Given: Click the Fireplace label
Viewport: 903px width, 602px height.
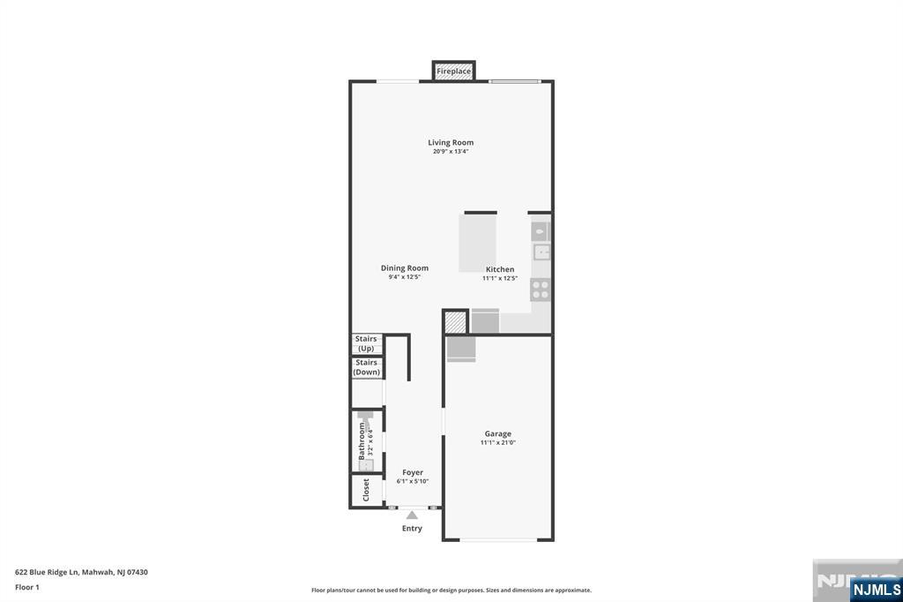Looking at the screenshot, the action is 453,71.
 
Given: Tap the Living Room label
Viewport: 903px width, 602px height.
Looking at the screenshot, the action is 451,142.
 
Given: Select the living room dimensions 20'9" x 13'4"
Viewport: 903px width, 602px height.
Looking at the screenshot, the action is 451,152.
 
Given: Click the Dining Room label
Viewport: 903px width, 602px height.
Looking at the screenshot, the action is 404,268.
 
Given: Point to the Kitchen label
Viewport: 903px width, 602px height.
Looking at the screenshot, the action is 500,269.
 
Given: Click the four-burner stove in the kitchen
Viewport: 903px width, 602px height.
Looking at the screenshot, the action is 541,290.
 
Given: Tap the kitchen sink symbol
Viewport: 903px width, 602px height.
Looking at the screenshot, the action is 541,252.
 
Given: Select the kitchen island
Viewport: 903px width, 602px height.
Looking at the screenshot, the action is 477,243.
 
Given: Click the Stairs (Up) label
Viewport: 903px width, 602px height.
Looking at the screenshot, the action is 366,343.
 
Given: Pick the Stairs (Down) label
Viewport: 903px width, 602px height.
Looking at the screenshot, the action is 366,367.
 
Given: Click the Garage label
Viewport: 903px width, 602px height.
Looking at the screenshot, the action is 497,433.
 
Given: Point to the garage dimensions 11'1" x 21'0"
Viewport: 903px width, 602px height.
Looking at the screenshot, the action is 497,443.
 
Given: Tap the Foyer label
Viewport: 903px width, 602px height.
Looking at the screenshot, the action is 413,472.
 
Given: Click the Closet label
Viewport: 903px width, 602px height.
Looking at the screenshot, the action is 366,490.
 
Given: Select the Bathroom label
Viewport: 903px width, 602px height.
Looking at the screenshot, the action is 362,441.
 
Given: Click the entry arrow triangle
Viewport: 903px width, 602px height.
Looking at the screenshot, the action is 412,515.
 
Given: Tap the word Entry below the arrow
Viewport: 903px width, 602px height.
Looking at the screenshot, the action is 412,528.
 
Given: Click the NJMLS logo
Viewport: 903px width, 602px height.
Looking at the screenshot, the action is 876,590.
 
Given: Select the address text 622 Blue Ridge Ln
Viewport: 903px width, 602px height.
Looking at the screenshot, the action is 47,573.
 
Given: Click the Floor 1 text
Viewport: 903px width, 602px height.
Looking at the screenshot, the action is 27,588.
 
